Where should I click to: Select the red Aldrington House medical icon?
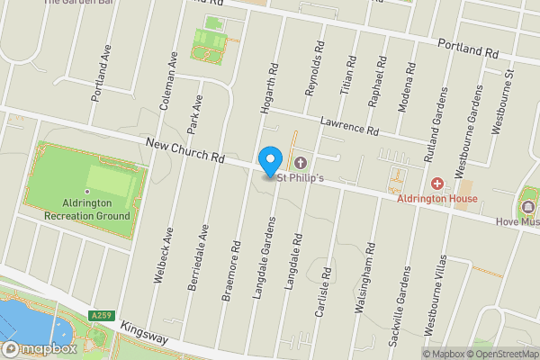pyautogui.click(x=437, y=184)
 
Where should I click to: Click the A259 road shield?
pyautogui.click(x=100, y=315)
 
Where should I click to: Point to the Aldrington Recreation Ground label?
pyautogui.click(x=87, y=211)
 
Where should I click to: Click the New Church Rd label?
pyautogui.click(x=184, y=150)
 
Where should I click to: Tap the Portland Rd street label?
pyautogui.click(x=468, y=49)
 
